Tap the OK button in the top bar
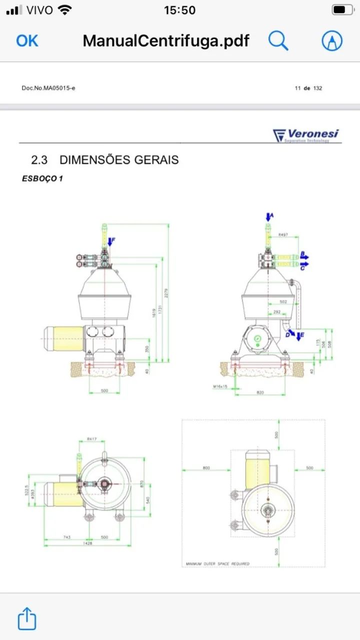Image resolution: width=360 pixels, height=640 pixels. (27, 40)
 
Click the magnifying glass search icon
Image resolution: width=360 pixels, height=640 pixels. (278, 40)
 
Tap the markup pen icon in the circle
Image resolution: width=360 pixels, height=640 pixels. (332, 40)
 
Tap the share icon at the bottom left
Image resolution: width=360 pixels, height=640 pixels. (27, 619)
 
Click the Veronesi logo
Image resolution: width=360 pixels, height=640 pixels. (305, 135)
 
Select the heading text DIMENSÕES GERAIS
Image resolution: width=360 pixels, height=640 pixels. (119, 160)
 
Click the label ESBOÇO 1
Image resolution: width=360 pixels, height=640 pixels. (42, 178)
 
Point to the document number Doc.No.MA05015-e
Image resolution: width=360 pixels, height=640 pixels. (48, 88)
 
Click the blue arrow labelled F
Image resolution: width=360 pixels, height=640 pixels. (111, 242)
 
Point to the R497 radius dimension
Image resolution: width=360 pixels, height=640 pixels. (284, 234)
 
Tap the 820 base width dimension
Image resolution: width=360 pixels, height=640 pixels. (260, 392)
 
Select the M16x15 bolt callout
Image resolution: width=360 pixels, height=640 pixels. (220, 386)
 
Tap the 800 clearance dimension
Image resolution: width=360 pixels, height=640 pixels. (206, 468)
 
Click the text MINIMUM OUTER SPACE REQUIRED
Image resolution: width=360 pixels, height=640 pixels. (217, 563)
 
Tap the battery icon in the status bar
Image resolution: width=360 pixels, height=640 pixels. (342, 10)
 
